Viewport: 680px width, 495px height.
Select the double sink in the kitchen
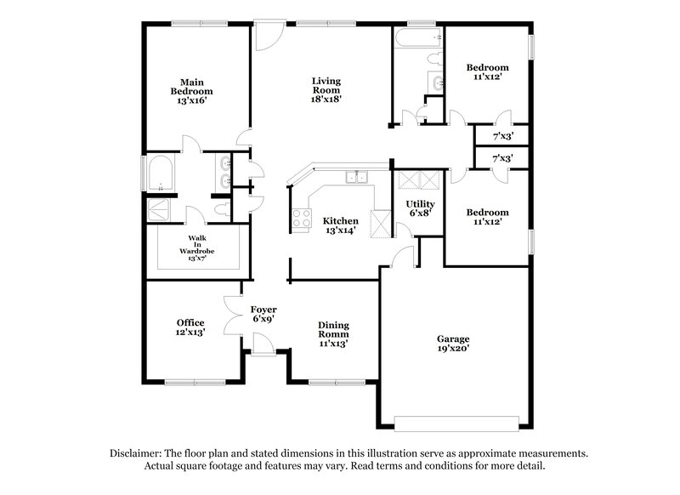356,178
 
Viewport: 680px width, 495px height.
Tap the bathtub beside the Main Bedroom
160,176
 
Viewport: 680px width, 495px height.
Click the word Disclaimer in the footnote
139,454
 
